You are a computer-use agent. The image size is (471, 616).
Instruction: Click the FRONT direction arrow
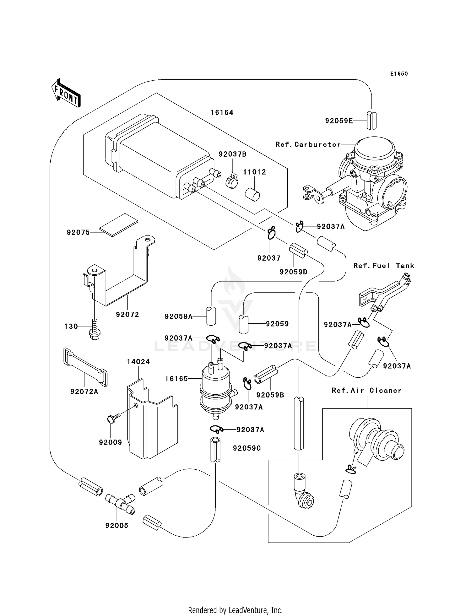point(66,93)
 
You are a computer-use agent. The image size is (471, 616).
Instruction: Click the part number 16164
point(222,112)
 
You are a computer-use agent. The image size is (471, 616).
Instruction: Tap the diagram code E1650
point(399,74)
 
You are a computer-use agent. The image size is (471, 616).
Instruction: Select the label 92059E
point(339,121)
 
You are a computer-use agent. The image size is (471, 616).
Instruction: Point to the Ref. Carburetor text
point(308,144)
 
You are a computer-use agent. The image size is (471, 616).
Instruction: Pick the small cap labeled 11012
point(252,194)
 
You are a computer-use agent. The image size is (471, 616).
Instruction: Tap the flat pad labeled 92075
point(119,224)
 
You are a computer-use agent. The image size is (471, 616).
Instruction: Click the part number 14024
point(138,362)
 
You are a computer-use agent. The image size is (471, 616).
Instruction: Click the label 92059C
point(247,448)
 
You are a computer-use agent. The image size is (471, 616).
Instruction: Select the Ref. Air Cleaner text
point(366,390)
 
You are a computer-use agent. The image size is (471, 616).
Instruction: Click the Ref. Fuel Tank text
point(384,266)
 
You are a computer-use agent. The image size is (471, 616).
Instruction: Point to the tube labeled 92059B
point(265,375)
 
